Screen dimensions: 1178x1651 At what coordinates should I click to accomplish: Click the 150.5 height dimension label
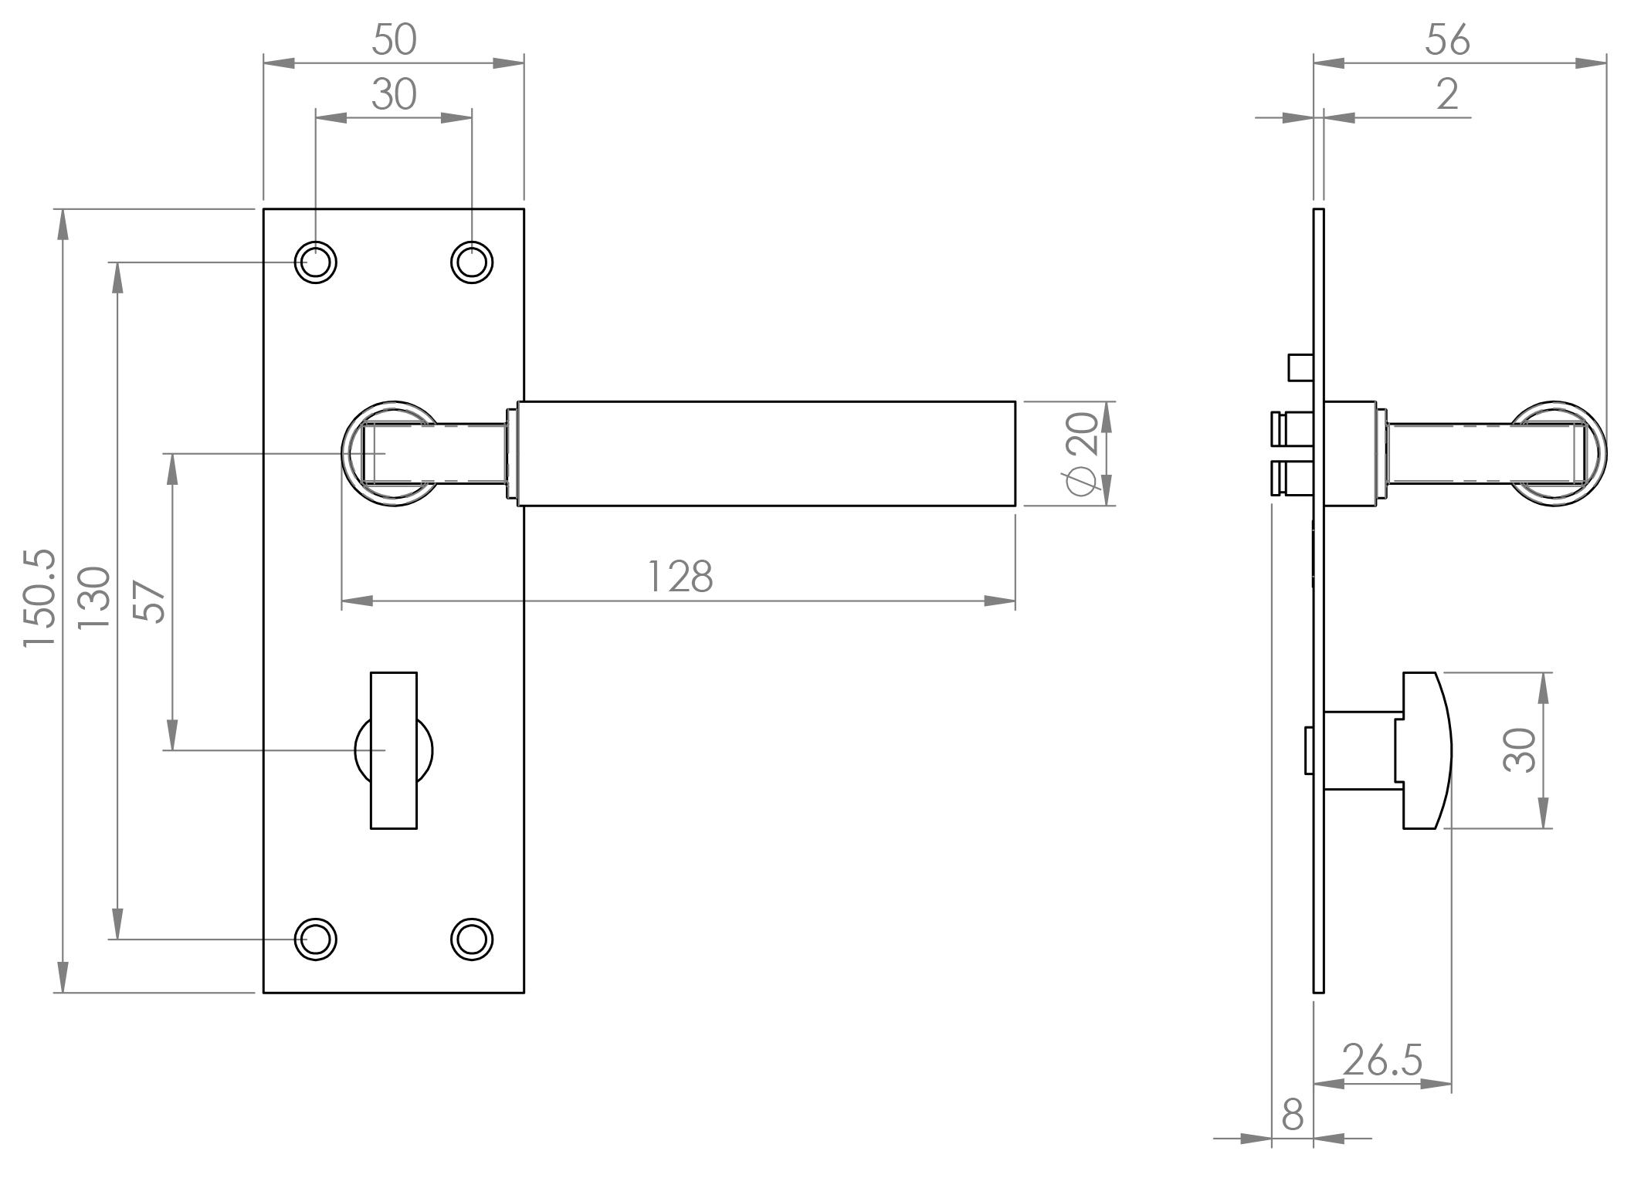39,599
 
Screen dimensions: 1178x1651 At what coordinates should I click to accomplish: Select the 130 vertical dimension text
96,599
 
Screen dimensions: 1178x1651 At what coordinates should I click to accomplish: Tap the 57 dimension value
150,601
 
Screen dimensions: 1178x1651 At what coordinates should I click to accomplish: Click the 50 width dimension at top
394,40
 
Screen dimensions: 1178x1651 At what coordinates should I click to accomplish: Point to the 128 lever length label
679,577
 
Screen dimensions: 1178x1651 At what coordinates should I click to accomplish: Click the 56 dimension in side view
1447,40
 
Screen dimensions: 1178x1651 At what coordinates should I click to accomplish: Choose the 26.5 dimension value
1381,1061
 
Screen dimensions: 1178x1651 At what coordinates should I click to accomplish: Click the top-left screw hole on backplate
315,262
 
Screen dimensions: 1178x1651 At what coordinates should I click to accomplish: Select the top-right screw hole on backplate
472,262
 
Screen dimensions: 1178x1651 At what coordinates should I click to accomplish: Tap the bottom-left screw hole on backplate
315,939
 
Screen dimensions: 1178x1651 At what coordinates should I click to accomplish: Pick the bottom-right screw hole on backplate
472,939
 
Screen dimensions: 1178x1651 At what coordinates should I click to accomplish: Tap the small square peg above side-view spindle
1300,367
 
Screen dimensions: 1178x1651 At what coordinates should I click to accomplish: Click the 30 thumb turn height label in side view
1519,750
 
